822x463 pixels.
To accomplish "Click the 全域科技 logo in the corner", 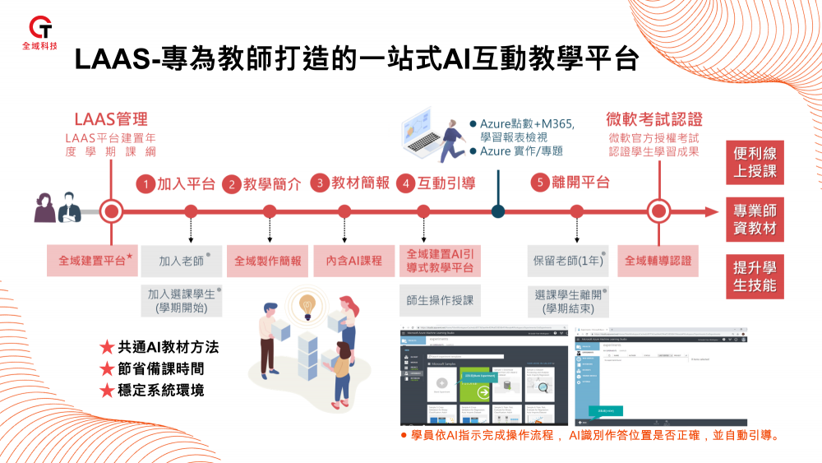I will point(43,31).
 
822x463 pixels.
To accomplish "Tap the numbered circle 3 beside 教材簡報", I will point(320,183).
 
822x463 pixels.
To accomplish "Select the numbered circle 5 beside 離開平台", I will point(538,183).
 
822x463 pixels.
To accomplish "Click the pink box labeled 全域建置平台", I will point(91,261).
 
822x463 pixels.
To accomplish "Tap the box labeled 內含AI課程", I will point(353,261).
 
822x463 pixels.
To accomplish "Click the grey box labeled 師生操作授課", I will point(440,301).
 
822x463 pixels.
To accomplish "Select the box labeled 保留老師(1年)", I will point(569,261).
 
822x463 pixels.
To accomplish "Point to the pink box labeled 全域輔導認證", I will point(658,261).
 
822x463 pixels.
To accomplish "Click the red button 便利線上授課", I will point(755,162).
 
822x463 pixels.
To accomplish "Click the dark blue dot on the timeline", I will point(497,211).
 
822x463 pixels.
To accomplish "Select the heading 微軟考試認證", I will point(654,118).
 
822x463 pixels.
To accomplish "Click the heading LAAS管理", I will point(111,118).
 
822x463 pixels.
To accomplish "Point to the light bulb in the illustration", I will point(308,303).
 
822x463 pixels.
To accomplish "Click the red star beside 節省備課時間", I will point(106,368).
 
